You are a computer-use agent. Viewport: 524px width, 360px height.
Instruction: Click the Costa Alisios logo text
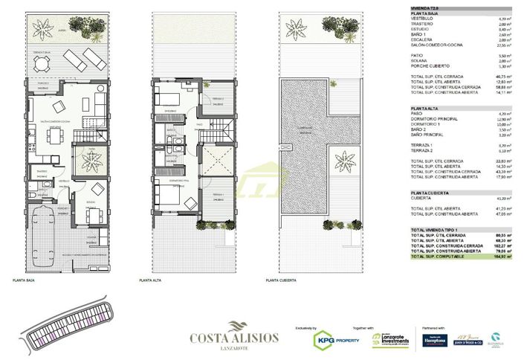point(234,338)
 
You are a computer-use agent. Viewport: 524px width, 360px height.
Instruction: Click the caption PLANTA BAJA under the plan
point(25,280)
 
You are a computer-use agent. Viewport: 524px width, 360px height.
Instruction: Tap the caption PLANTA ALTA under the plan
point(152,280)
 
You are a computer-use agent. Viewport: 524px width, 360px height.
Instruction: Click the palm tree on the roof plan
point(346,159)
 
